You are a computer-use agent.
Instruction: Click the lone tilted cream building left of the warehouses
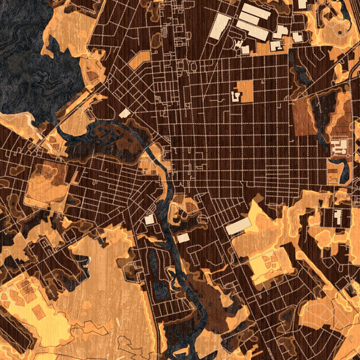(220, 26)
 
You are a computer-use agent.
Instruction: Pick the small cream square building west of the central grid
(125, 113)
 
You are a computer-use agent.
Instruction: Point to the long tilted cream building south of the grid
(238, 226)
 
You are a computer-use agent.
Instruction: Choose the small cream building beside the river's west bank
(149, 220)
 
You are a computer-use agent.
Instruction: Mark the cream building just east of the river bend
(184, 238)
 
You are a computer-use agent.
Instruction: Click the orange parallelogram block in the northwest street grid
(139, 60)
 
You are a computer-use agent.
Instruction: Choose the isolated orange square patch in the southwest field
(38, 312)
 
